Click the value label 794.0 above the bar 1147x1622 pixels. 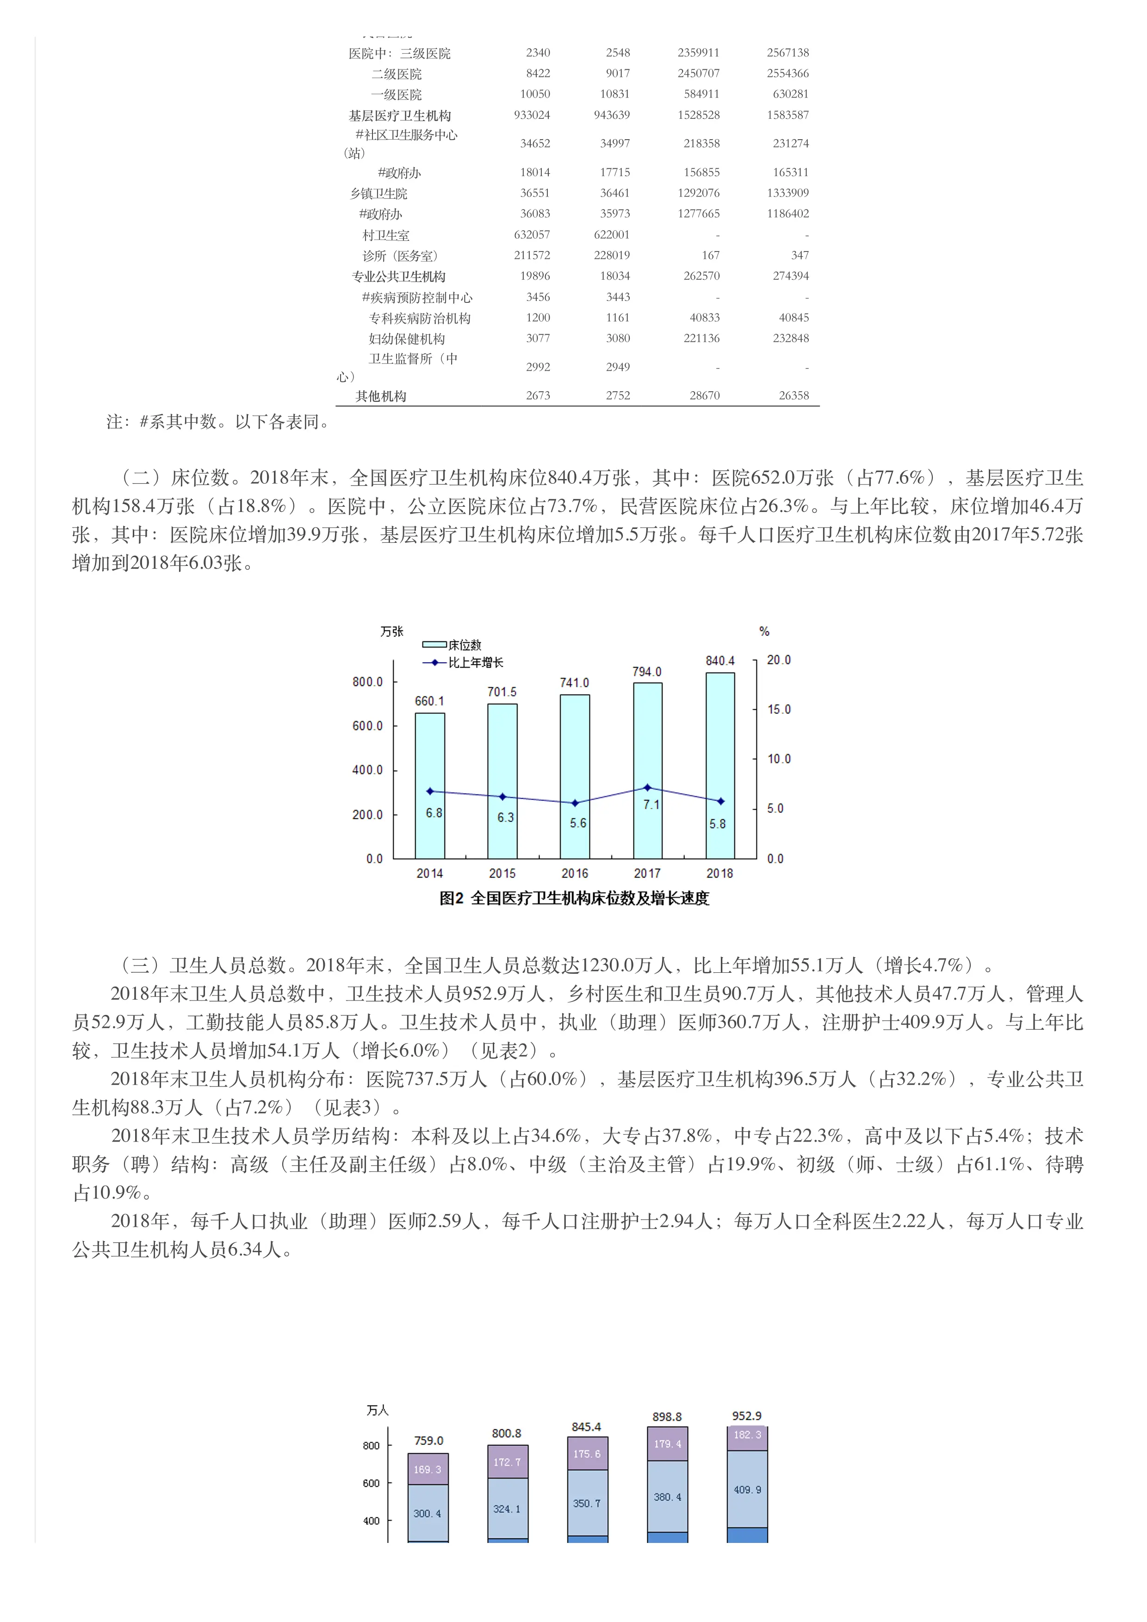tap(647, 672)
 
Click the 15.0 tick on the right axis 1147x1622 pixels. tap(778, 709)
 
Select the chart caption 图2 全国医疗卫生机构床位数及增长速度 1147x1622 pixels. tap(574, 898)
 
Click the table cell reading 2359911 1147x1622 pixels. tap(698, 53)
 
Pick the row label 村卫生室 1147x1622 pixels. tap(386, 235)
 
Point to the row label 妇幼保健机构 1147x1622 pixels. tap(407, 339)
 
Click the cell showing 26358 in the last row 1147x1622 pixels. tap(794, 396)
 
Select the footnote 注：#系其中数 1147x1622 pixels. tap(219, 422)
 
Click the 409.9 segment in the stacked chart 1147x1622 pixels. tap(747, 1490)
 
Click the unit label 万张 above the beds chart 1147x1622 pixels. tap(391, 632)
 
